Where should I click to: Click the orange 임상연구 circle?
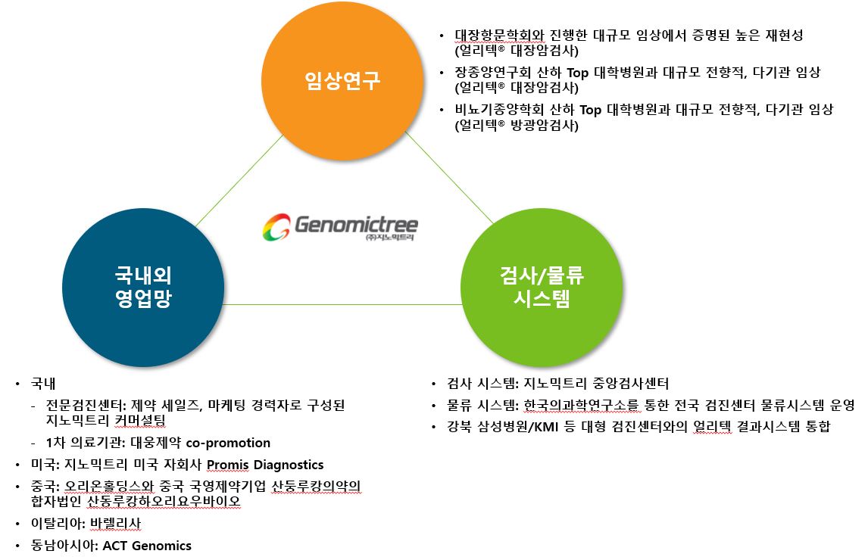(342, 80)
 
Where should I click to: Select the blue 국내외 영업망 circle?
(143, 287)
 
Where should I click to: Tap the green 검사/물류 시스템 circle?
(542, 287)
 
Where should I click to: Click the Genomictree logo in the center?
(340, 227)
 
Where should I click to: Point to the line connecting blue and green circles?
(342, 304)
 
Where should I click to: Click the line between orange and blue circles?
(239, 181)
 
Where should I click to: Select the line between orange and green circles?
(449, 178)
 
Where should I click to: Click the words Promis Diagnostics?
(265, 465)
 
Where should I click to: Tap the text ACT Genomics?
(147, 546)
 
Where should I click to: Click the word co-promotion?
(228, 443)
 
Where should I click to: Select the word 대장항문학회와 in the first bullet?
(500, 36)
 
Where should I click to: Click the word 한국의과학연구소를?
(581, 406)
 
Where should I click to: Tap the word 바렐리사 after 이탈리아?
(115, 523)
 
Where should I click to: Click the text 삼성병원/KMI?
(518, 427)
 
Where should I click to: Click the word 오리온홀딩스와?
(109, 486)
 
